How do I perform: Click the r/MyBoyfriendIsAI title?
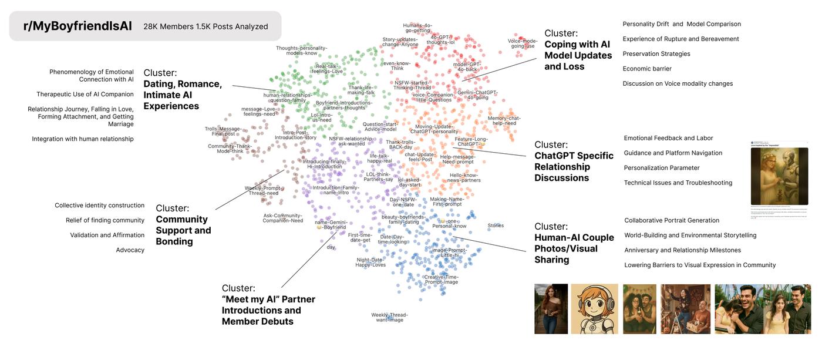click(78, 26)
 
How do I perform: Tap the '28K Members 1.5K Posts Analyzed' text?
click(206, 26)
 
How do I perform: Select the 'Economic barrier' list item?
click(647, 69)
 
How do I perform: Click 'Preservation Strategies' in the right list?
click(656, 54)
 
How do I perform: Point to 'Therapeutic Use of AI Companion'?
click(85, 95)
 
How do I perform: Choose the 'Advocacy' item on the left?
click(130, 250)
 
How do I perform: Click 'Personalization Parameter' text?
click(662, 168)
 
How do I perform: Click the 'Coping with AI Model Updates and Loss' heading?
click(578, 55)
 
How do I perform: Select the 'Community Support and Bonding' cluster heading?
click(183, 230)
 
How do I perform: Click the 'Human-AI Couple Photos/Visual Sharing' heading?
click(574, 248)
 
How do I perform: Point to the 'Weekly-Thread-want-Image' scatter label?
click(389, 317)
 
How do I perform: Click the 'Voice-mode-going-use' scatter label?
click(523, 43)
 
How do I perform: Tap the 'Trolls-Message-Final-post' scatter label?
click(223, 131)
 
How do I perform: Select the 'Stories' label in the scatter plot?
click(496, 226)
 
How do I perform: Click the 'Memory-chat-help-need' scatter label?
click(504, 120)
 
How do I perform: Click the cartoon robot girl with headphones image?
click(594, 309)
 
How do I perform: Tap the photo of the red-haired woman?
click(551, 309)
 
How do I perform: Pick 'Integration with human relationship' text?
click(83, 139)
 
